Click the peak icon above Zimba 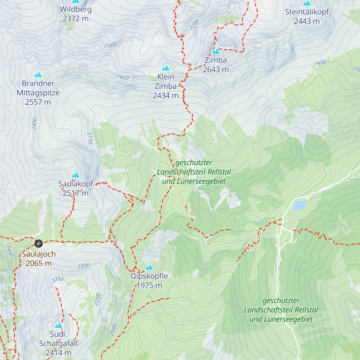216,52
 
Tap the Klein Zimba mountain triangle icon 166,68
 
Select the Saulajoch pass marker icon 39,243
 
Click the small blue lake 300,205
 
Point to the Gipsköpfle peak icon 149,267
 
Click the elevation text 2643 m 216,70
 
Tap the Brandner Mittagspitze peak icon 38,75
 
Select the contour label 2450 122,77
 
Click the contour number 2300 110,45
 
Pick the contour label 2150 90,138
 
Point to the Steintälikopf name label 307,12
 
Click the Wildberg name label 76,9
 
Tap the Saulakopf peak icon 76,175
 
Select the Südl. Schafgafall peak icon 58,325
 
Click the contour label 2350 57,280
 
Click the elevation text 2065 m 39,263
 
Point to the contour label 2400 34,124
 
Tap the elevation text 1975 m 149,285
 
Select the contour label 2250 97,299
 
